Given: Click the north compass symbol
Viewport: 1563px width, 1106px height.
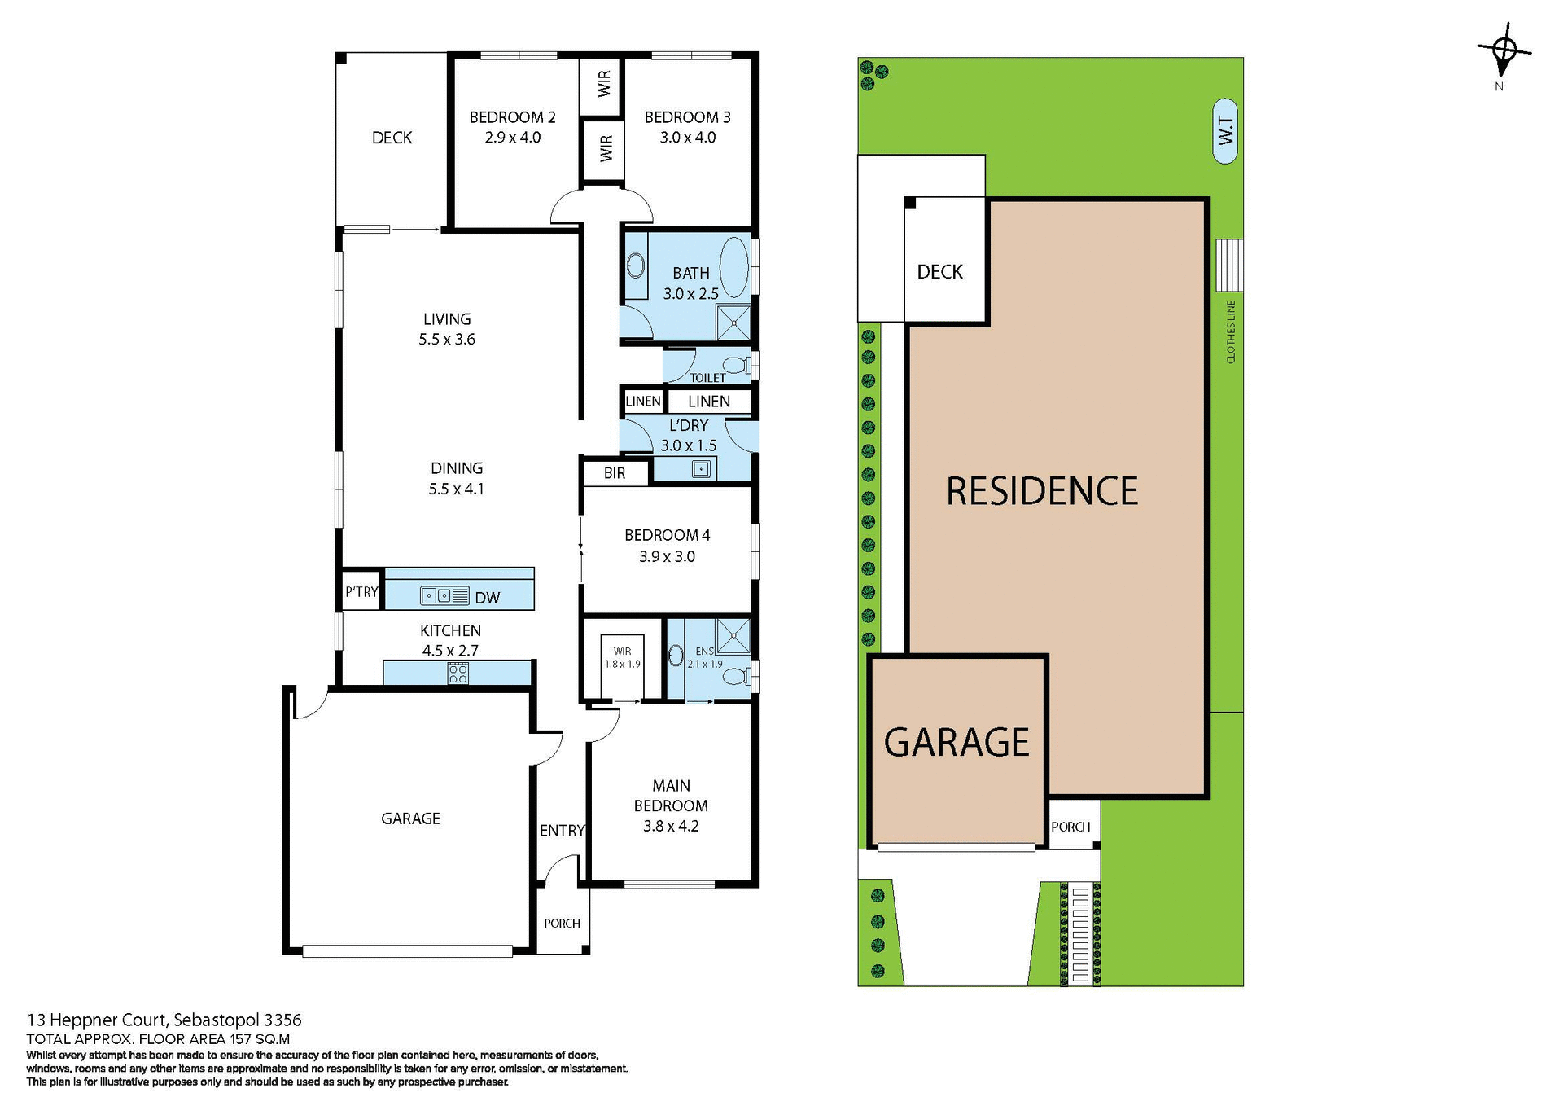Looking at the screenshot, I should click(1504, 50).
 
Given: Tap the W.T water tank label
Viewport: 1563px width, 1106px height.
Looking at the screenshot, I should click(1224, 131).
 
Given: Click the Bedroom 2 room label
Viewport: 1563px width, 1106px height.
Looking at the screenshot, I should click(512, 117).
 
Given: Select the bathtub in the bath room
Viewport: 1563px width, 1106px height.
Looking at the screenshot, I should click(734, 267).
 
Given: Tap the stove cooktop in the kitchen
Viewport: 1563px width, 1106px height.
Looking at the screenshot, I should click(458, 674).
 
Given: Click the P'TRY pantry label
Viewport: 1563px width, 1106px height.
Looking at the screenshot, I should click(361, 592).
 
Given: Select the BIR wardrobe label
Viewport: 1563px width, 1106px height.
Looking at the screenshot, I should click(615, 473).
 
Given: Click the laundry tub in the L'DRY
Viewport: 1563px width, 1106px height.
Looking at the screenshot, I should click(700, 469).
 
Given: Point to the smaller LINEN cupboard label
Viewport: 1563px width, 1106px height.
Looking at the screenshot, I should click(642, 401).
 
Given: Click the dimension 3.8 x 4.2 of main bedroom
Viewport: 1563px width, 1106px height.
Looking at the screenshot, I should click(671, 826).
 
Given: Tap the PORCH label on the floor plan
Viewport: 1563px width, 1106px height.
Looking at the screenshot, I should click(562, 923).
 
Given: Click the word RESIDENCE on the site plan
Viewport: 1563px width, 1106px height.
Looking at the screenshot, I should click(1042, 491).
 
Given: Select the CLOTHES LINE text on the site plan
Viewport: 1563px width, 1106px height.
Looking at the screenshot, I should click(1230, 331).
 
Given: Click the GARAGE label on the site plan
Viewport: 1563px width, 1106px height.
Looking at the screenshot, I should click(957, 743).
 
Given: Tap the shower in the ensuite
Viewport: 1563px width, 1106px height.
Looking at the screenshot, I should click(733, 636).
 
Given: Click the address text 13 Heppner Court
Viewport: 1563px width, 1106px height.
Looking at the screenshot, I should click(99, 1020).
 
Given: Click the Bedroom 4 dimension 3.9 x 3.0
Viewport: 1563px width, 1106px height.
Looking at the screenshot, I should click(667, 556).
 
